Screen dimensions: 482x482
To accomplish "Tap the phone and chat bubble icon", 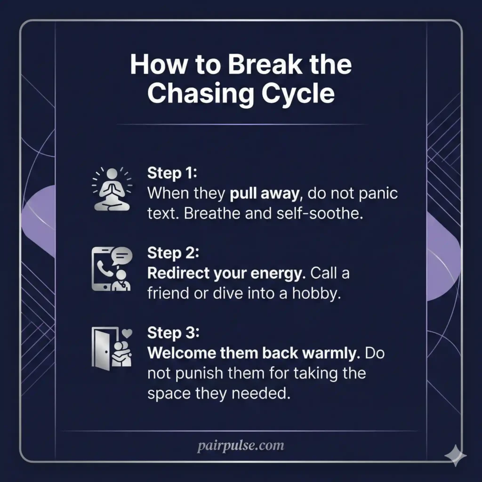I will tap(112, 269).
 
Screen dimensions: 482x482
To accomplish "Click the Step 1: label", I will tap(172, 173).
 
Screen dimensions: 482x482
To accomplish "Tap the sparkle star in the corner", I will tap(456, 455).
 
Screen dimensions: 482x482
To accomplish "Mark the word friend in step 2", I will tap(168, 294).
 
